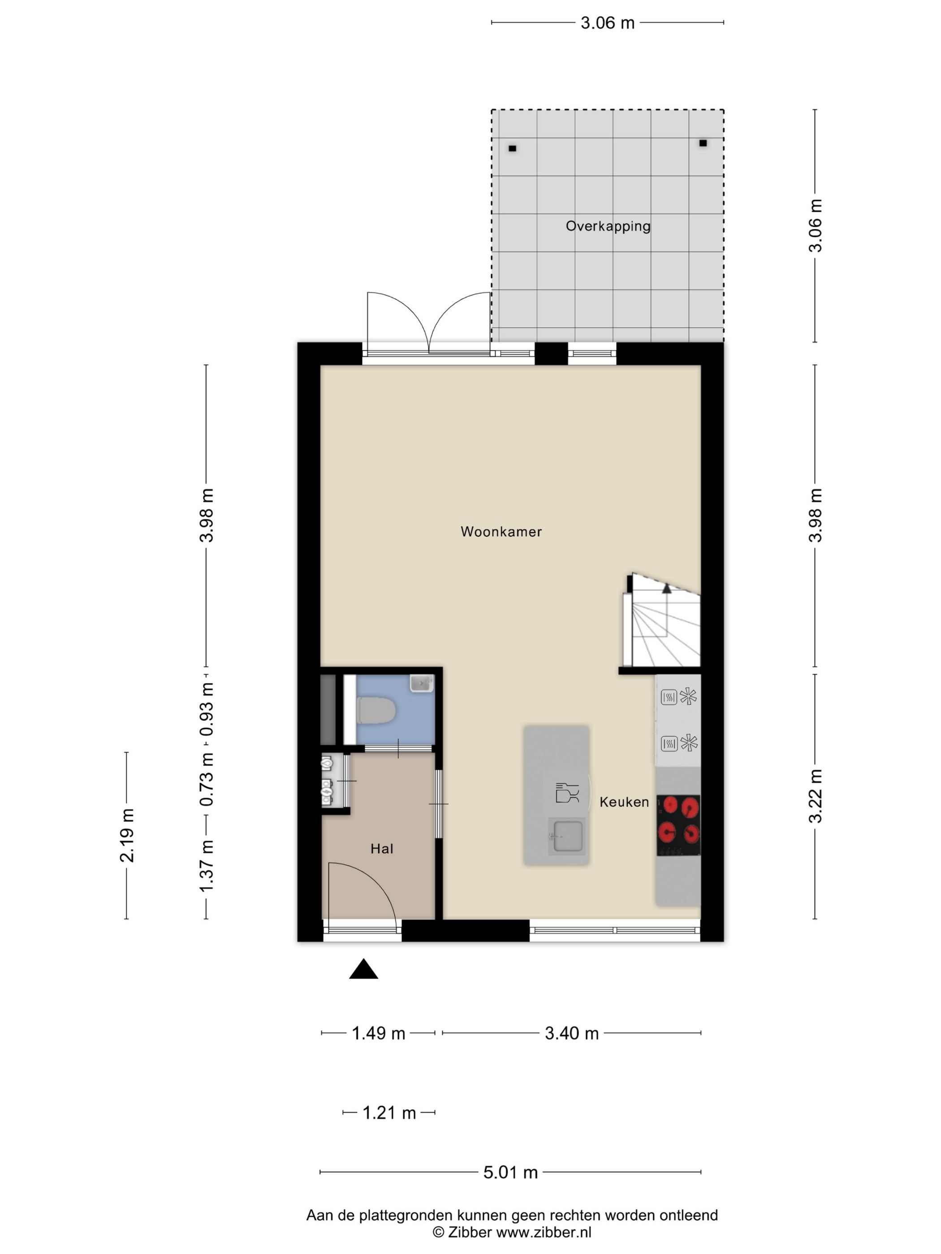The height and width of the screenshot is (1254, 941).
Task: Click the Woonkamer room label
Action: tap(501, 532)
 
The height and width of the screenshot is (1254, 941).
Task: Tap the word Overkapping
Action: tap(608, 227)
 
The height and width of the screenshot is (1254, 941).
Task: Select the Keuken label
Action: tap(624, 802)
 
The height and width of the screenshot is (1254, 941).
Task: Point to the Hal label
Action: tap(382, 849)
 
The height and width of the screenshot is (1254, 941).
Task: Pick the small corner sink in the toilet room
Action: tap(422, 683)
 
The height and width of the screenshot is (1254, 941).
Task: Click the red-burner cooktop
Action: tap(678, 825)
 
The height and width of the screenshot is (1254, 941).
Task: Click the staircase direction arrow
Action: tap(666, 588)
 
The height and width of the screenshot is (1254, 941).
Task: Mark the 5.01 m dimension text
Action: tap(510, 1172)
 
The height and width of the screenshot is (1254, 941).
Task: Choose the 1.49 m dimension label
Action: tap(378, 1034)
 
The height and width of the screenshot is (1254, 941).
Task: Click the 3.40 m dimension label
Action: tap(572, 1034)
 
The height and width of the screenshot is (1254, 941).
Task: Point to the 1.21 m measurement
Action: tap(389, 1113)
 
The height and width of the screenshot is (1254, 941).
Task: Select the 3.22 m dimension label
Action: tap(815, 796)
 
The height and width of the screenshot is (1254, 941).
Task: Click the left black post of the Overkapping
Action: tap(512, 149)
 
